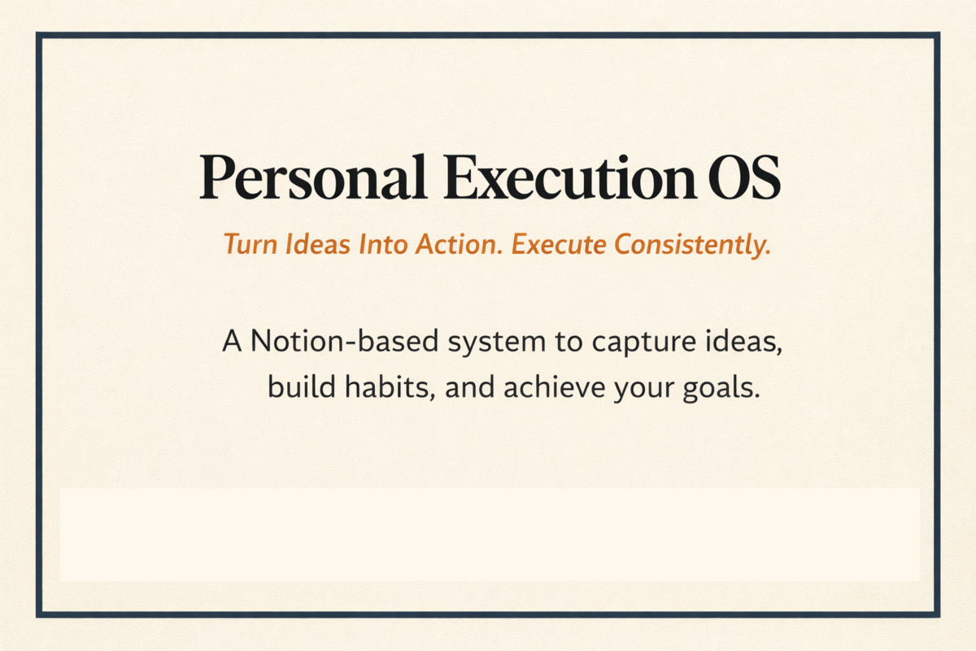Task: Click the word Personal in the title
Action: pyautogui.click(x=313, y=178)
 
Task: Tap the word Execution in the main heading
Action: pyautogui.click(x=563, y=178)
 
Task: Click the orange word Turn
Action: pyautogui.click(x=249, y=245)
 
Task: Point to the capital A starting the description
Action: pyautogui.click(x=233, y=342)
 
